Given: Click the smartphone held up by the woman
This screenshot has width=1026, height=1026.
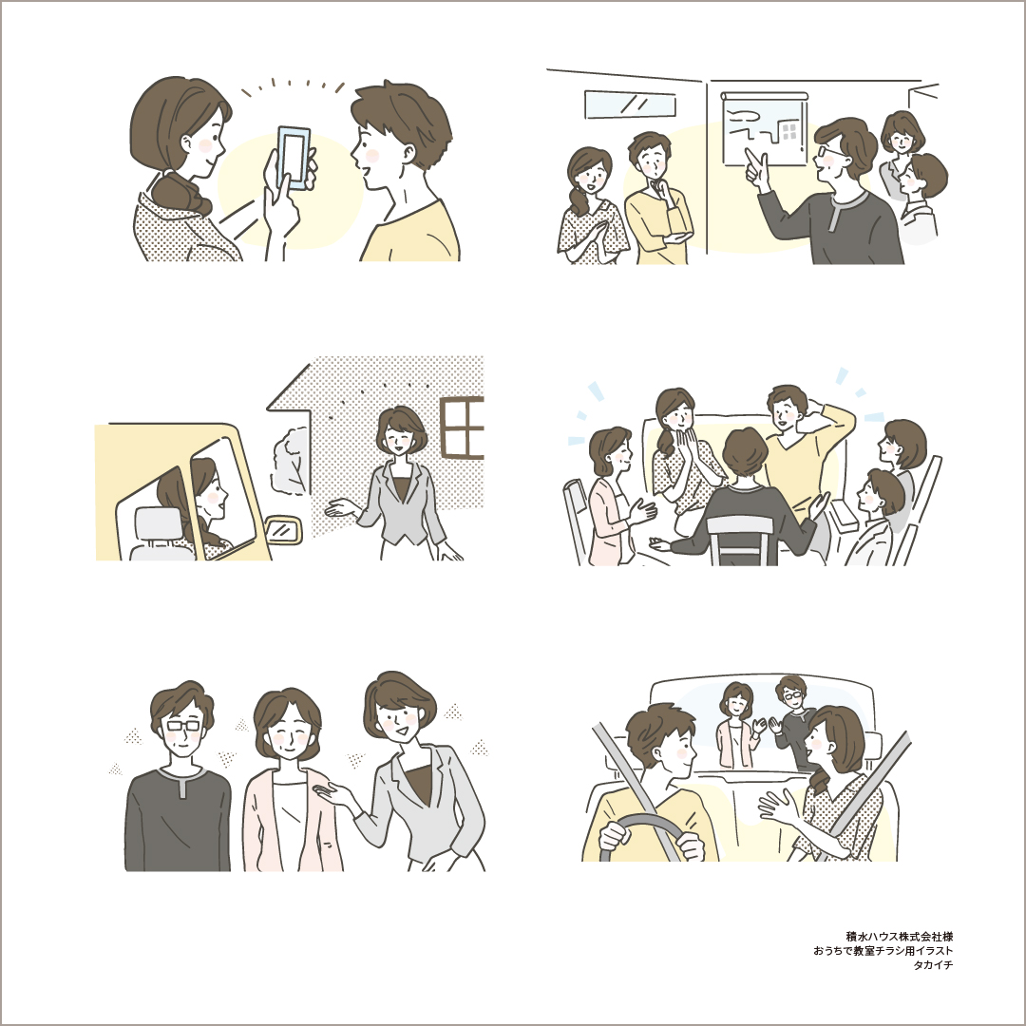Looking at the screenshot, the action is pos(294,157).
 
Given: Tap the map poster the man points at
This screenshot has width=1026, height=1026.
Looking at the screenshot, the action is pos(764,129).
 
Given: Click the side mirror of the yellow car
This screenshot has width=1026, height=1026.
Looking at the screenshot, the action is pos(284,529).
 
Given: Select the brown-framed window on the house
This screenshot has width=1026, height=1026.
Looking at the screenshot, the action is pos(462,427).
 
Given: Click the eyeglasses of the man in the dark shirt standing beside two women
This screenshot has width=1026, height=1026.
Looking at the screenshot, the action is pos(184,725).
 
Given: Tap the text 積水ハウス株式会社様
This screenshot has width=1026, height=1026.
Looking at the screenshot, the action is pos(899,937).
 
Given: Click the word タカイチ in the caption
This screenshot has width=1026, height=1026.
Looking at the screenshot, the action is pos(933,965).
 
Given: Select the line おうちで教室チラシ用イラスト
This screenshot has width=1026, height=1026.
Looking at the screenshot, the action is pos(883,951).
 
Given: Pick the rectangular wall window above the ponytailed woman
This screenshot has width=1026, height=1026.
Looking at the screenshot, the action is pos(630,104).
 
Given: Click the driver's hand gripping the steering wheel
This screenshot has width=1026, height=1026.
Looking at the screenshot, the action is pos(615,837).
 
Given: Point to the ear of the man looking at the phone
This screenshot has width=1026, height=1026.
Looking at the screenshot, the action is pos(408,154).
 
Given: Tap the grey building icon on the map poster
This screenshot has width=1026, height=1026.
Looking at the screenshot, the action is pos(789,131).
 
